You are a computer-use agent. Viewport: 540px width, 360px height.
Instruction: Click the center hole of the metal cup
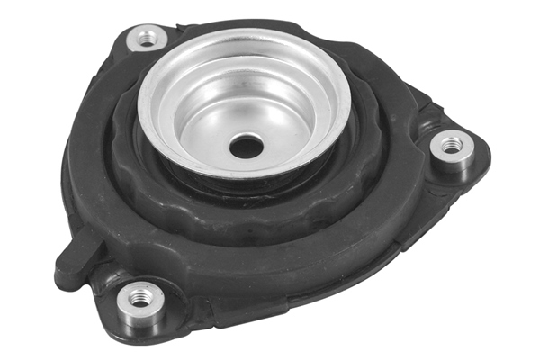click(244, 144)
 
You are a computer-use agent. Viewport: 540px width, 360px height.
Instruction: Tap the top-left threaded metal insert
click(146, 39)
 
